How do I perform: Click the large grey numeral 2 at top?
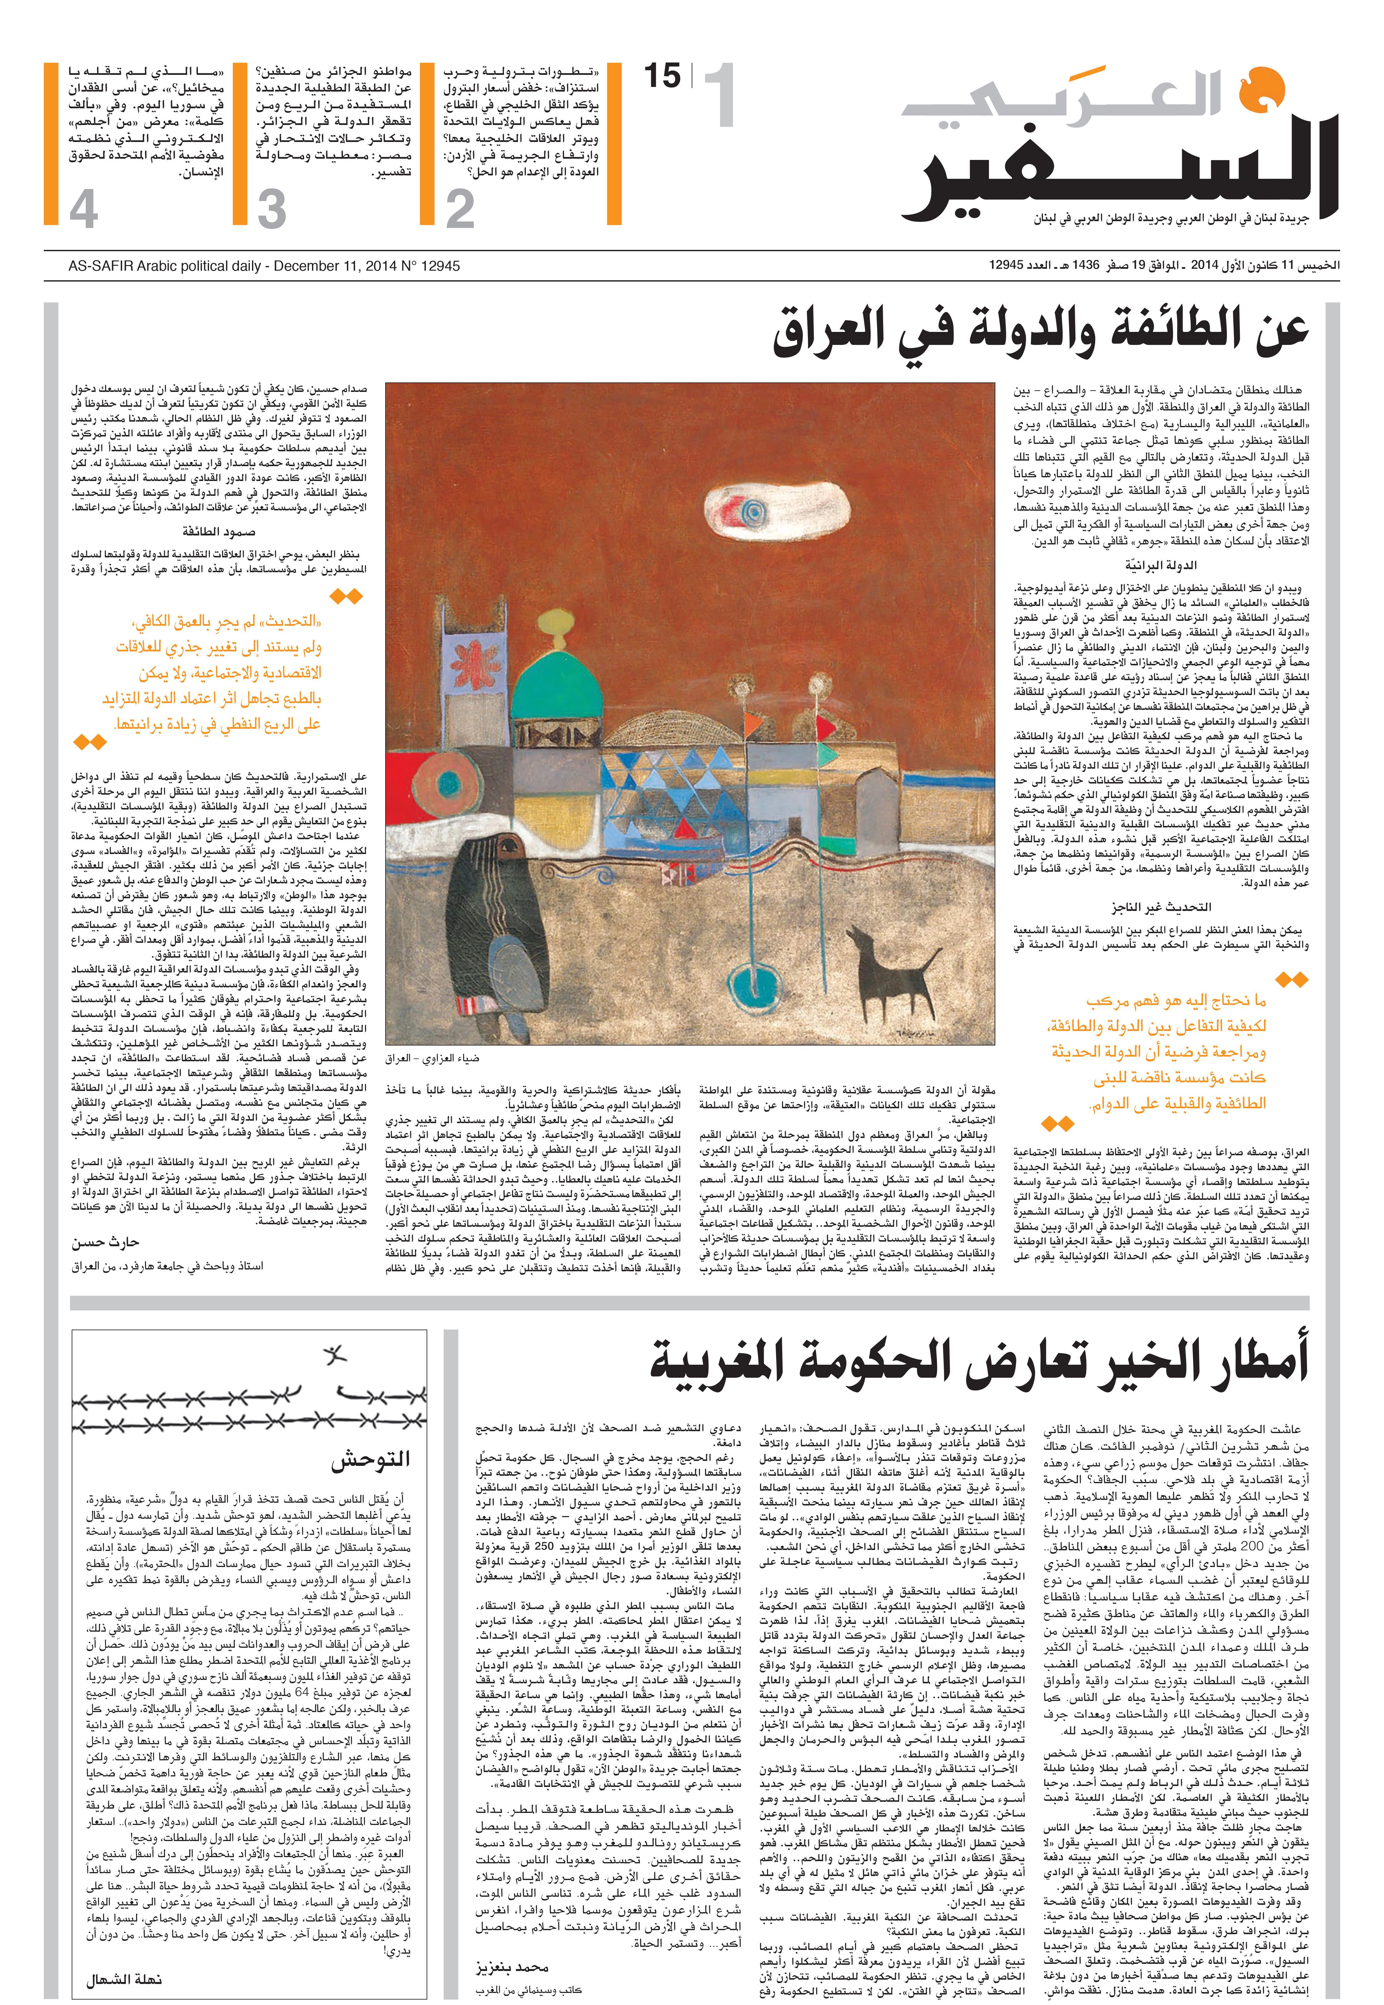tap(460, 210)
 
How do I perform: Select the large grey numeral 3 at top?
tap(271, 210)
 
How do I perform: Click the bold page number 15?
tap(663, 76)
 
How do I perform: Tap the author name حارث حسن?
tap(106, 1243)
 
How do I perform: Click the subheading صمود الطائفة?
tap(219, 532)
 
